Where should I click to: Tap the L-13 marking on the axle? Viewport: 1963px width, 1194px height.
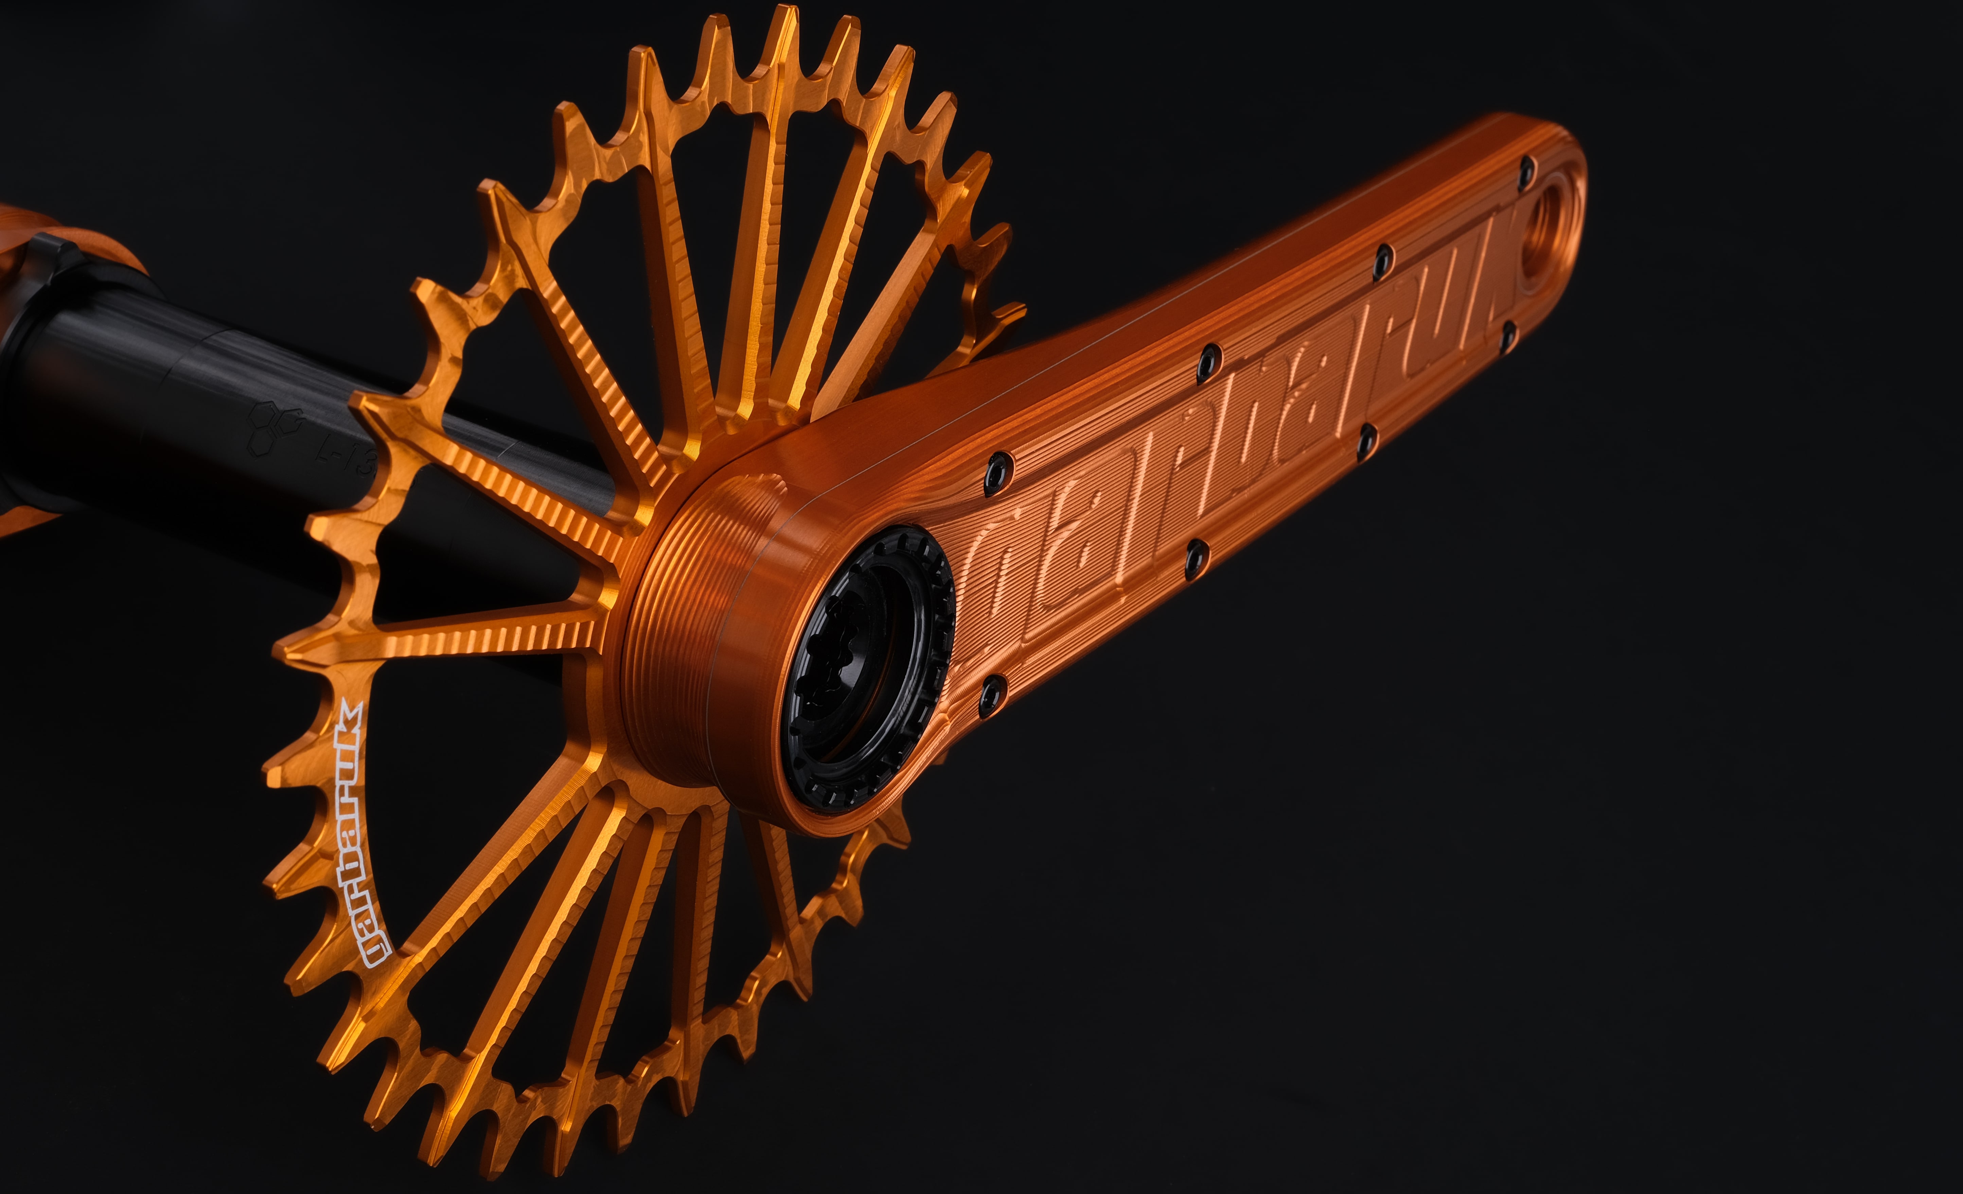pyautogui.click(x=347, y=454)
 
